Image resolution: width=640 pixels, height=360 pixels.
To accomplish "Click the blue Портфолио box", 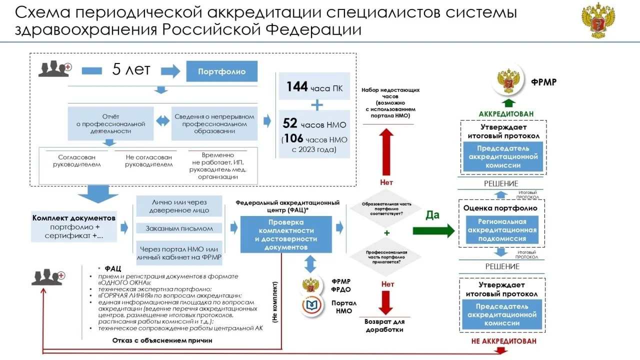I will pos(221,71).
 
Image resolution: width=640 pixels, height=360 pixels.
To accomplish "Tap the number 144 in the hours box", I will pos(297,86).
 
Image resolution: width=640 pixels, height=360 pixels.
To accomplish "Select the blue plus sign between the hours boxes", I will pos(317,105).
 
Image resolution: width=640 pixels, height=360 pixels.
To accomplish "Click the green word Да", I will pos(432,215).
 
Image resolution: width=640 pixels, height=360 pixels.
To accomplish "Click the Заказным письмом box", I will pos(179,228).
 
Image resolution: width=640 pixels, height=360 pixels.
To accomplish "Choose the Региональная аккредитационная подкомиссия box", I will pos(501,230).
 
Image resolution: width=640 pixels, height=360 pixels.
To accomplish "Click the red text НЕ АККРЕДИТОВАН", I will pos(503,341).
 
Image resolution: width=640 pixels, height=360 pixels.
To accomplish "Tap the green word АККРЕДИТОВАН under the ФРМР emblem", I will pos(506,114).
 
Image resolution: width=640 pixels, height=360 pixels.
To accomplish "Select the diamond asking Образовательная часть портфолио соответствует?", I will pos(385,209).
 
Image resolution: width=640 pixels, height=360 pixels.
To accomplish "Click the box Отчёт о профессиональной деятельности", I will pos(110,123).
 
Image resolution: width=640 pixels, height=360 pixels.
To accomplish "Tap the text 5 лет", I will pos(131,70).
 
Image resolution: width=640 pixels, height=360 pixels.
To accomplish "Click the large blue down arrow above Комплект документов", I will pos(98,193).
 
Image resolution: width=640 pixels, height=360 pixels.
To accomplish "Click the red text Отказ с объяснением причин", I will pos(162,340).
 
